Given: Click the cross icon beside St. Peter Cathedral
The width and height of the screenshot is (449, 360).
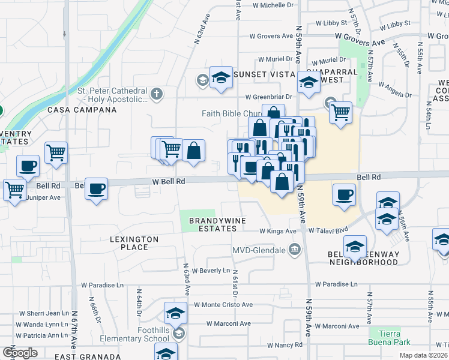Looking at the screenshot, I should coord(157,94).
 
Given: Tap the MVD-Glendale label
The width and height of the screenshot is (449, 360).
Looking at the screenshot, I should coord(262,250).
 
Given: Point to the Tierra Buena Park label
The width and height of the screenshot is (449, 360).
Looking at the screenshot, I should coord(390,338).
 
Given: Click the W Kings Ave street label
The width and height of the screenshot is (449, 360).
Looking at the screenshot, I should coord(278,231).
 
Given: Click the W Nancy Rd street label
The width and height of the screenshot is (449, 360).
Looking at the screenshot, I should coord(285,345).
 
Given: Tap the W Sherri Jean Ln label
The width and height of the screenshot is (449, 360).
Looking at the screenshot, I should coord(44,313).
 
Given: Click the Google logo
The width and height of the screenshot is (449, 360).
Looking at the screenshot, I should coord(19,352).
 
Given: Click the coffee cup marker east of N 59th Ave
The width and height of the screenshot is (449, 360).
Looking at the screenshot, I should coord(344,195).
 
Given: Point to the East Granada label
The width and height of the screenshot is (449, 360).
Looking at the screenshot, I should coord(83,356).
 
